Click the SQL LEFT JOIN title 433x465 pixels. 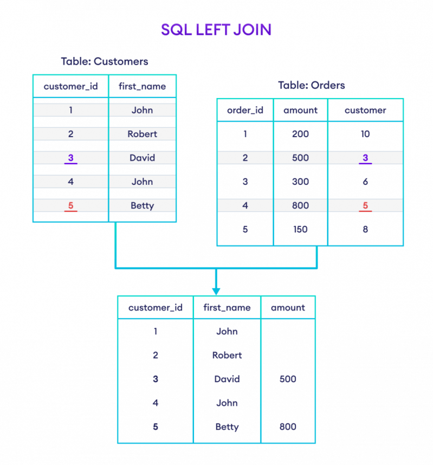click(216, 30)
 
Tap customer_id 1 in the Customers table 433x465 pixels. click(71, 110)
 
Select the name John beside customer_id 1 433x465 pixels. click(142, 110)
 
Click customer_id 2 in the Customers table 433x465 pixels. click(71, 134)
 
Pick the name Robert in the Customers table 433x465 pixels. click(142, 134)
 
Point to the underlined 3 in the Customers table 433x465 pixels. click(71, 158)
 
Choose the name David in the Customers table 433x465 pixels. click(142, 158)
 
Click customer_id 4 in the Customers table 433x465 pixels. click(71, 182)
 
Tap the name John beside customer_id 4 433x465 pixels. click(142, 182)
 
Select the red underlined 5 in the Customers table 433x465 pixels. click(71, 205)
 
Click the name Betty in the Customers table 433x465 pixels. click(142, 205)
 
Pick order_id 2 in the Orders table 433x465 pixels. click(245, 158)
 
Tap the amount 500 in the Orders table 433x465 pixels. click(300, 158)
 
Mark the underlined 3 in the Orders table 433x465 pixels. click(365, 158)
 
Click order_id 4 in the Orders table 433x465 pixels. click(245, 205)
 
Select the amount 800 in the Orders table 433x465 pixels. click(300, 205)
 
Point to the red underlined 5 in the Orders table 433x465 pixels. click(365, 205)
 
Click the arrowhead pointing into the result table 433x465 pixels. click(216, 290)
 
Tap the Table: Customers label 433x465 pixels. click(104, 61)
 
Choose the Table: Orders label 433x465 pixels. click(311, 85)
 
